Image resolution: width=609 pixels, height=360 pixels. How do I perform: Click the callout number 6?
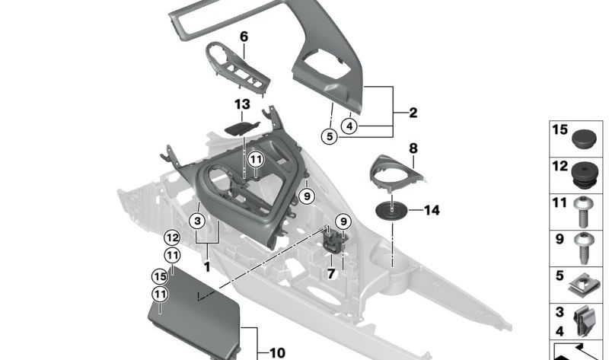(x=244, y=37)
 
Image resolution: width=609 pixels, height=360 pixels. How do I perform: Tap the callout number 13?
(x=242, y=104)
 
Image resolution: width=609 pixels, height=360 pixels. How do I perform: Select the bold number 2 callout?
(x=413, y=113)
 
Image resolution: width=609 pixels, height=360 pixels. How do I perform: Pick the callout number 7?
(x=330, y=272)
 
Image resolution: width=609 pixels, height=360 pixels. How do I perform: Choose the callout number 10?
(x=277, y=352)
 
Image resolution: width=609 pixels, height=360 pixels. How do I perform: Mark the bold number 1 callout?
(x=206, y=267)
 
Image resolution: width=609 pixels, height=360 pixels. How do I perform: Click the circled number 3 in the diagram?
(x=197, y=221)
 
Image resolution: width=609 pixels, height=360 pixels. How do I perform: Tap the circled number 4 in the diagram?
(x=349, y=126)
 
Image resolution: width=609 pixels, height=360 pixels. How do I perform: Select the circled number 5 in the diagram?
(x=329, y=137)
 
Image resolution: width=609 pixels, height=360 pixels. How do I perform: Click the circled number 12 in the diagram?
(x=172, y=238)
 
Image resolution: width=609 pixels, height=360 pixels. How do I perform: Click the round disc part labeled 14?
(x=394, y=210)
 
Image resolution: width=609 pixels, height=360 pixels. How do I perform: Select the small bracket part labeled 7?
(x=333, y=240)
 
